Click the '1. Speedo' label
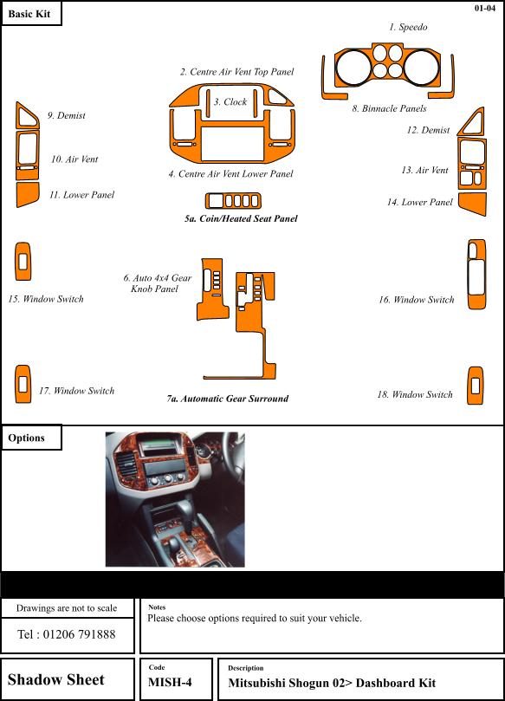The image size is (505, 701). [x=408, y=27]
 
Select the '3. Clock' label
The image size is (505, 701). [x=230, y=102]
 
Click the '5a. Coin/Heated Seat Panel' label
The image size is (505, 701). [x=241, y=218]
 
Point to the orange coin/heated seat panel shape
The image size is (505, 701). [x=233, y=201]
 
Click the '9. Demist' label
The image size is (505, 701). [x=67, y=115]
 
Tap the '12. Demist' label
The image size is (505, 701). [x=428, y=130]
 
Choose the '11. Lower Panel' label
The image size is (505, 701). [x=81, y=194]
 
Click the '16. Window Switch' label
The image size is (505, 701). [x=416, y=300]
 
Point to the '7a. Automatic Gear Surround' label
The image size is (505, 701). [x=228, y=399]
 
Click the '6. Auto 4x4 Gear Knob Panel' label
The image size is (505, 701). [x=157, y=283]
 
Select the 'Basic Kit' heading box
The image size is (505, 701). [x=31, y=13]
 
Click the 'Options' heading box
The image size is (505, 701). [x=31, y=438]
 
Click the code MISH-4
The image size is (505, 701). [x=170, y=682]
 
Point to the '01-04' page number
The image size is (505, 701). [x=485, y=8]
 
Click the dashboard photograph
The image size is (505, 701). [x=175, y=499]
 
